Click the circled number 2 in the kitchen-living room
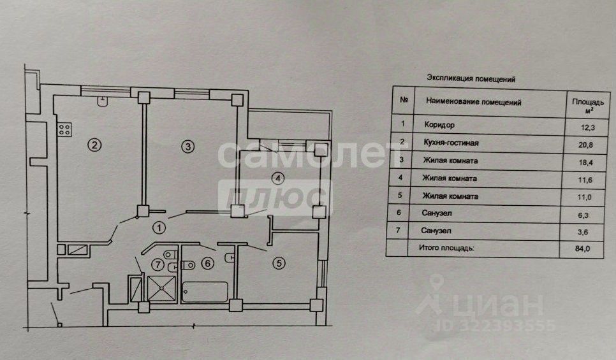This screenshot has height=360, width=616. [x=94, y=145]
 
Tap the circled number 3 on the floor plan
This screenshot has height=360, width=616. [x=187, y=147]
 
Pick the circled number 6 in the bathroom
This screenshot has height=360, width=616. [x=206, y=261]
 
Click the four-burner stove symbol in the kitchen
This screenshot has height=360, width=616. [x=64, y=130]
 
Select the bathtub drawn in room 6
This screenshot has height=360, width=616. [x=205, y=291]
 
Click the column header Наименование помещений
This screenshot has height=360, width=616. [x=474, y=101]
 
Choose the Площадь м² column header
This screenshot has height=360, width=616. [x=583, y=104]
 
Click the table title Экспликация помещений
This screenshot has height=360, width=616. [x=470, y=80]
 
